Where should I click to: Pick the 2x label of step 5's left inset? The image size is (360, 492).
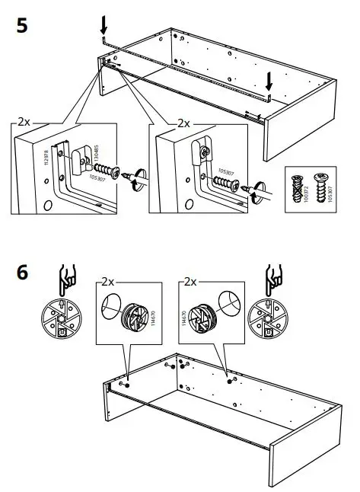pos(24,122)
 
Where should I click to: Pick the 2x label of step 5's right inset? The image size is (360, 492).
pos(183,122)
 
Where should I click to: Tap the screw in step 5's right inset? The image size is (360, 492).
pos(227,183)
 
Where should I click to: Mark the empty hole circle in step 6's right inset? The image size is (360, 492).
pos(229,300)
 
